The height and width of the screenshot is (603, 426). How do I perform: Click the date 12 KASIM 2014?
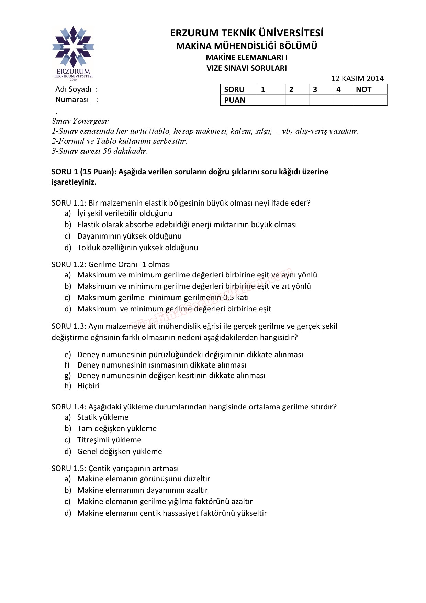tap(357, 78)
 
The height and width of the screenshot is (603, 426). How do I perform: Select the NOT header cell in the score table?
tap(369, 90)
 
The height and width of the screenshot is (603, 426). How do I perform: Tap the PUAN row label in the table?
tap(235, 100)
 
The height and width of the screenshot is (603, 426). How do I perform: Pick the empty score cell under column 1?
tap(271, 100)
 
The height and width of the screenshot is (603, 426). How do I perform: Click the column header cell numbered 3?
tap(321, 90)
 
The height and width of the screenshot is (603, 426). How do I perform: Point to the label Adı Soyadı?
tap(74, 89)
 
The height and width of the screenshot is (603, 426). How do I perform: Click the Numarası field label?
tap(72, 100)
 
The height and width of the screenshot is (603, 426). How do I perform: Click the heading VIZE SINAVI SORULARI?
tap(246, 68)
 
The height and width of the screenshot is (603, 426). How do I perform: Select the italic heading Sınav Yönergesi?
tap(80, 121)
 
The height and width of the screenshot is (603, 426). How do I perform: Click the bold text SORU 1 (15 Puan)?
tap(84, 172)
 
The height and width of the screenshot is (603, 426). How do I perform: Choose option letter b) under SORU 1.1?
tap(68, 225)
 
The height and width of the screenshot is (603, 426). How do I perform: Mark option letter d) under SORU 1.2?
tap(68, 309)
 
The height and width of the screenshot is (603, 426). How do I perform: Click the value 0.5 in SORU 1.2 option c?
tap(228, 298)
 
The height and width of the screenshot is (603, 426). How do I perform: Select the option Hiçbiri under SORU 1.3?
tap(88, 386)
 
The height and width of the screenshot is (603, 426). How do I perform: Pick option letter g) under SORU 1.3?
tap(68, 376)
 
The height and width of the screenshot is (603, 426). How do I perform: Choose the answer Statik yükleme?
tap(103, 417)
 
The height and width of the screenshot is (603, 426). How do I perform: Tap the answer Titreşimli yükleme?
tap(109, 440)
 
